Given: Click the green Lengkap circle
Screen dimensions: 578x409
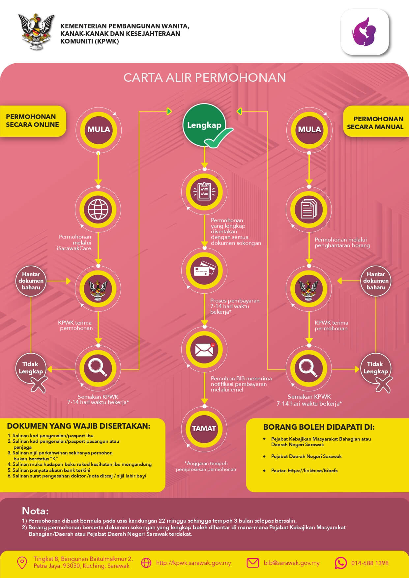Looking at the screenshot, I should point(204,125).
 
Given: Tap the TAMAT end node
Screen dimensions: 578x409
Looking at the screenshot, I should point(204,428).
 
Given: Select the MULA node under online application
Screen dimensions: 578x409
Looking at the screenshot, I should point(99,130).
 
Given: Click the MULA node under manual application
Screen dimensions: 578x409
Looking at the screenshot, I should point(309,130).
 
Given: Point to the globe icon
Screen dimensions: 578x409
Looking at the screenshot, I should point(98,210).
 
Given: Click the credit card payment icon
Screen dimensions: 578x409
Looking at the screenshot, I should point(204,271).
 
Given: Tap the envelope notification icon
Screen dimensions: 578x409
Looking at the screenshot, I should point(204,350).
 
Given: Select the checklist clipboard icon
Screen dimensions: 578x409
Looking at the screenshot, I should point(204,192).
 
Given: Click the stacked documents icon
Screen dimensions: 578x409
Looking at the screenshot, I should point(309,210).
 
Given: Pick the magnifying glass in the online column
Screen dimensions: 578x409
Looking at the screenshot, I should point(98,367).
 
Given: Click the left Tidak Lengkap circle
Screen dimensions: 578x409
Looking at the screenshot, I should point(31,368).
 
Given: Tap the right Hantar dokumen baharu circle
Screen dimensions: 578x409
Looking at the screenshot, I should point(376,281).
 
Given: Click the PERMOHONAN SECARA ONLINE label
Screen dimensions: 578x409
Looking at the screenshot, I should point(32,121).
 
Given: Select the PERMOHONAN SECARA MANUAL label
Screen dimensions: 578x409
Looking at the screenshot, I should point(375,123).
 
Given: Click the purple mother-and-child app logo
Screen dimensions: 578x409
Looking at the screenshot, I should point(365,32).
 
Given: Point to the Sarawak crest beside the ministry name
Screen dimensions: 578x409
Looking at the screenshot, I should point(36,32).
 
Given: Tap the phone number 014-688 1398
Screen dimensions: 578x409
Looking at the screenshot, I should point(369,563).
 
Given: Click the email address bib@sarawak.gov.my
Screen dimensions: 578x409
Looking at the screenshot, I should point(291,563).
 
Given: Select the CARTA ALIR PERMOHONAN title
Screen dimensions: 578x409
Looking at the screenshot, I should point(204,77).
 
